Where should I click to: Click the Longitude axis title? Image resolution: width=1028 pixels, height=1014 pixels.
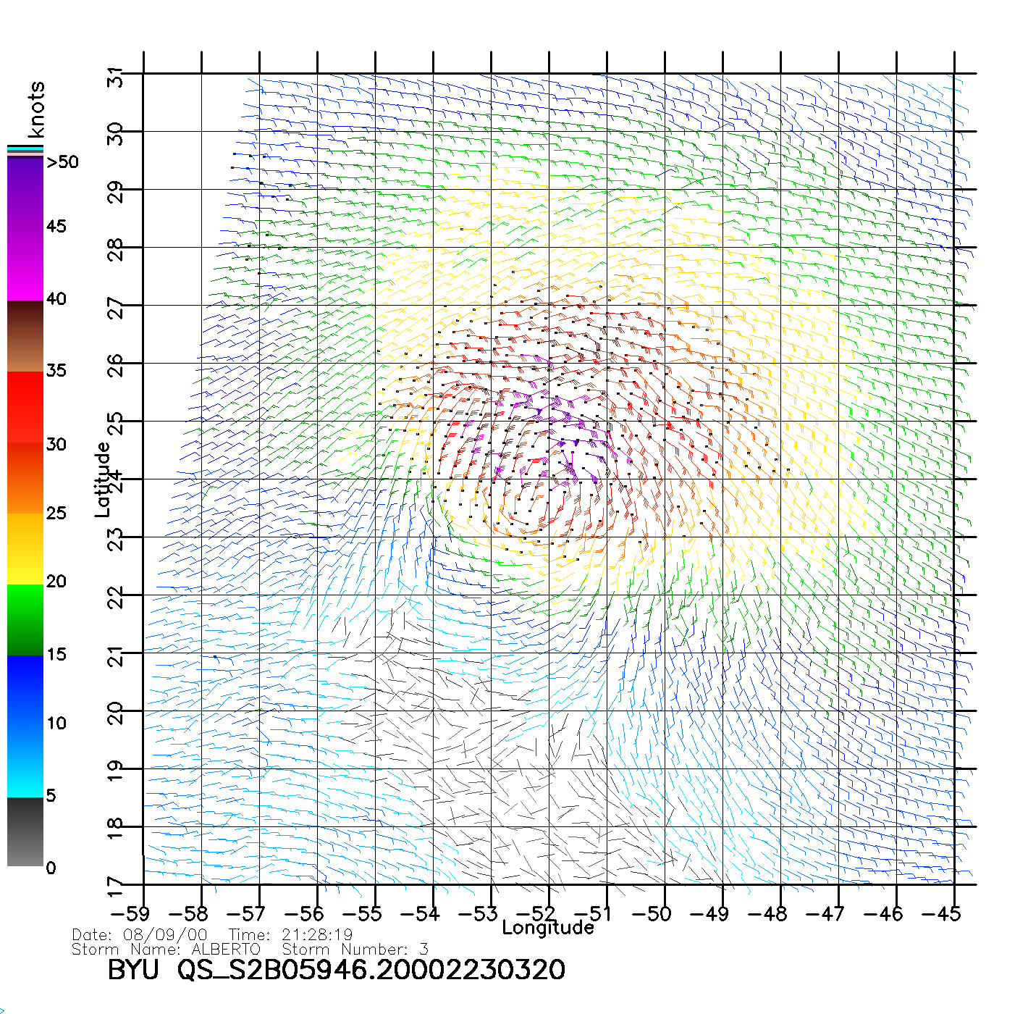pos(548,928)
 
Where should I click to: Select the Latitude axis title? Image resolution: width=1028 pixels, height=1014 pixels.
pos(103,479)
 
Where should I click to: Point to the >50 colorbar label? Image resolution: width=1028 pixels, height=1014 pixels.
pos(62,162)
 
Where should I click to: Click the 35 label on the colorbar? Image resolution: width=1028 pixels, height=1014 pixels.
pos(56,371)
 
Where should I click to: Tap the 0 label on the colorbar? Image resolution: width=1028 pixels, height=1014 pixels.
pos(51,868)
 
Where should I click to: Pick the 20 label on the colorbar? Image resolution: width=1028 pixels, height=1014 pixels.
pos(56,582)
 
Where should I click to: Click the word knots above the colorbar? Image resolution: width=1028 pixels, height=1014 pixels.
pos(36,109)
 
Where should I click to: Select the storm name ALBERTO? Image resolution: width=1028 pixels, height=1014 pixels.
pos(226,950)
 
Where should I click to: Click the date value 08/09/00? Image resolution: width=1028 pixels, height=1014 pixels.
pos(165,935)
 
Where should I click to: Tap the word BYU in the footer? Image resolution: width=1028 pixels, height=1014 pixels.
pos(132,970)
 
